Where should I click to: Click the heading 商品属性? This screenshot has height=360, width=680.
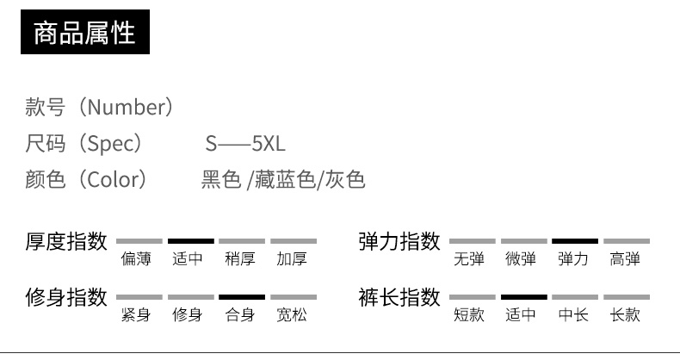point(84,34)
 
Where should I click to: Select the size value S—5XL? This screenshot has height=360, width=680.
point(245,144)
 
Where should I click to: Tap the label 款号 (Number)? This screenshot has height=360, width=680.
point(100,108)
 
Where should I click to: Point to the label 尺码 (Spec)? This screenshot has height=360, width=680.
point(83,144)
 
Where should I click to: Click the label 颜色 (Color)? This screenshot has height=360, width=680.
point(86,180)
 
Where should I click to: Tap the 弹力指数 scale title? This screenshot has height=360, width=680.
point(399,241)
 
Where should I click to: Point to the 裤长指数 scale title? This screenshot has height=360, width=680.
point(399,297)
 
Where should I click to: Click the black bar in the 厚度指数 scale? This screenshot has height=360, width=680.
point(190,241)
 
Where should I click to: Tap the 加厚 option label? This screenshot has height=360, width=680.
point(292,258)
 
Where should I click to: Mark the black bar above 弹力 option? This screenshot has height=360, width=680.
point(574,241)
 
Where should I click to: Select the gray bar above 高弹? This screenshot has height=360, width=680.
point(626,241)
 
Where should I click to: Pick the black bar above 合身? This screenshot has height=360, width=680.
point(242,297)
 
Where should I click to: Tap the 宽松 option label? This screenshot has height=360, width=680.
point(292,314)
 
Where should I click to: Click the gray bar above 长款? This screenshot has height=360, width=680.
point(626,297)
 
